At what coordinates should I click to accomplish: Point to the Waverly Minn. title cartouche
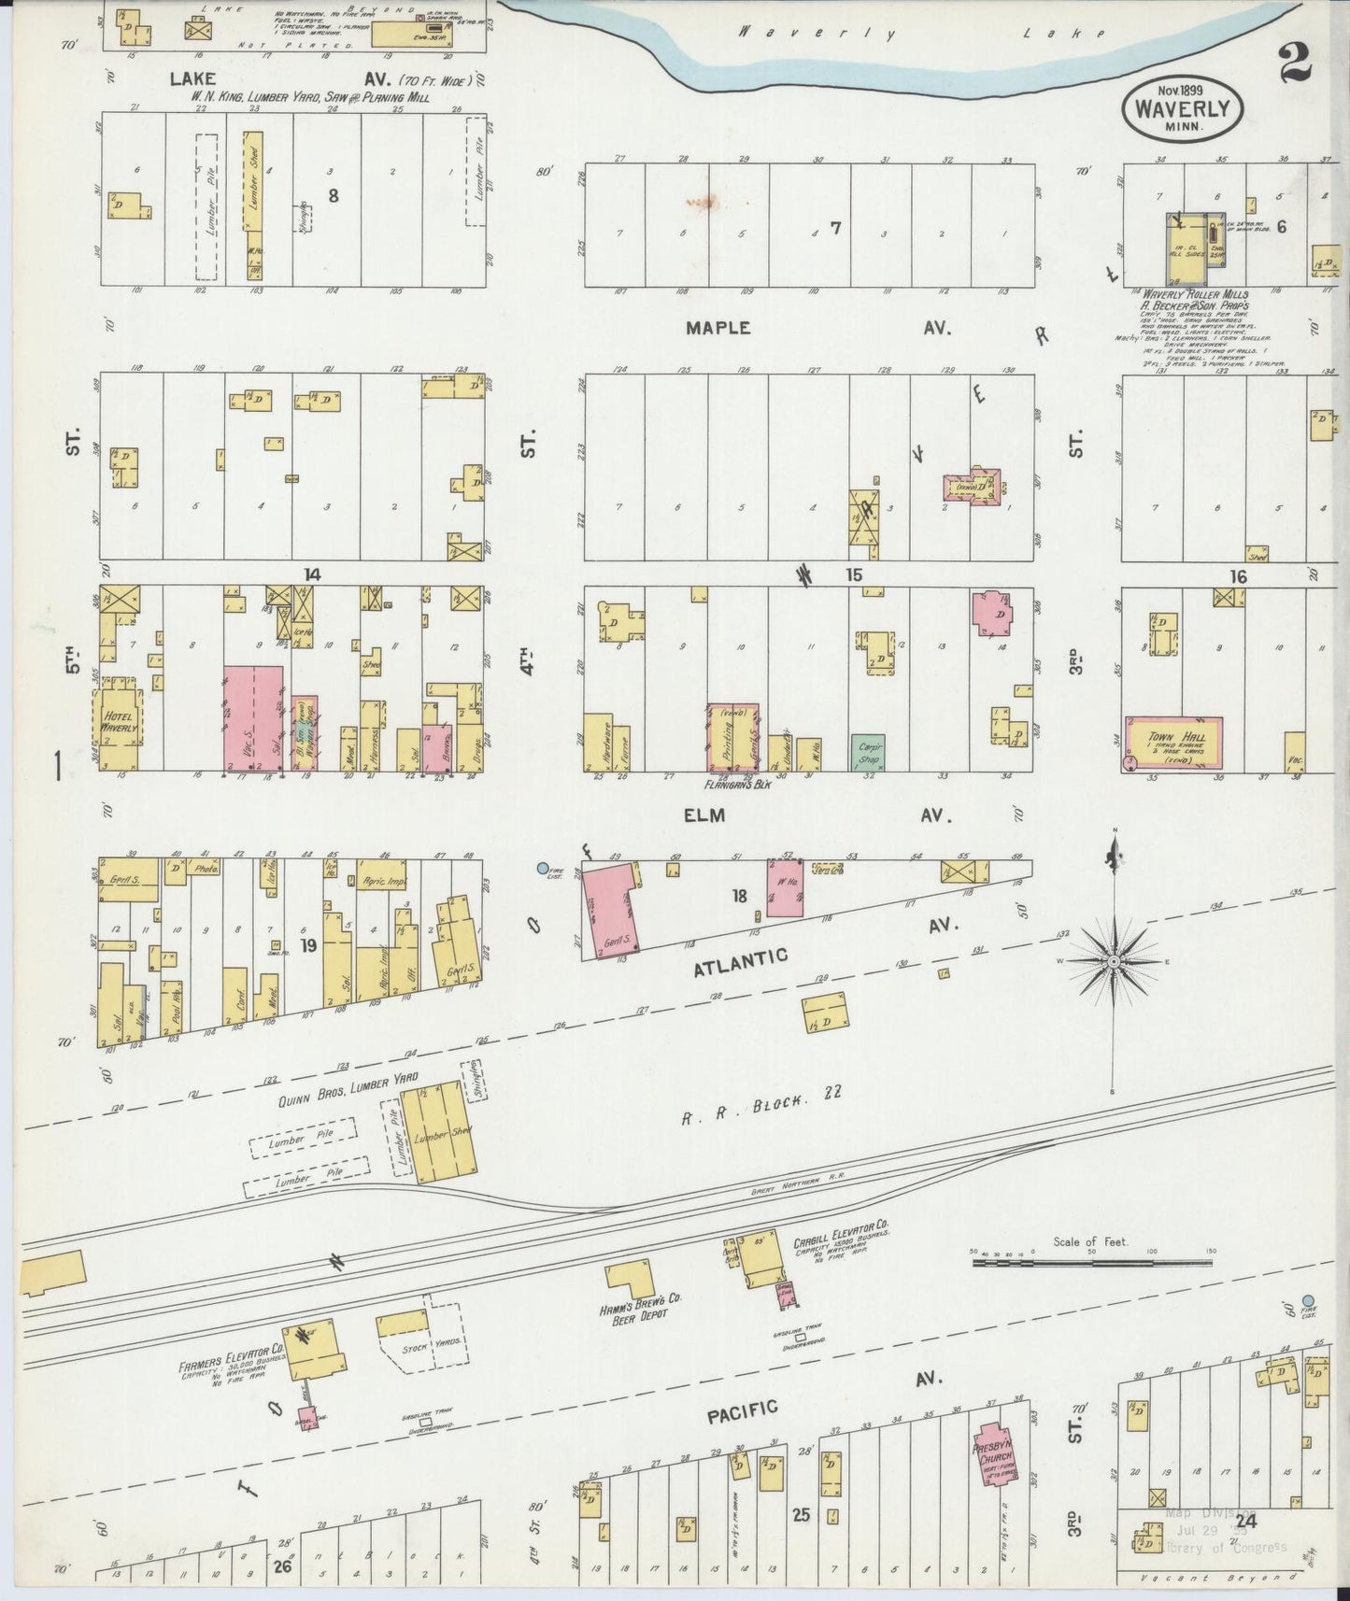1182,108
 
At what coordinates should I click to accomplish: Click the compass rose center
1114,960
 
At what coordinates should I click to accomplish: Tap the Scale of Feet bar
1091,1263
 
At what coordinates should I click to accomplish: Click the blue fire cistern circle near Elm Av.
543,868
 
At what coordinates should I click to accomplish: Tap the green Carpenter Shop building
867,753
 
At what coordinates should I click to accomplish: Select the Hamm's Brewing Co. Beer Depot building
631,1280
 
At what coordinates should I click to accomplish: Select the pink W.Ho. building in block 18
785,887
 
